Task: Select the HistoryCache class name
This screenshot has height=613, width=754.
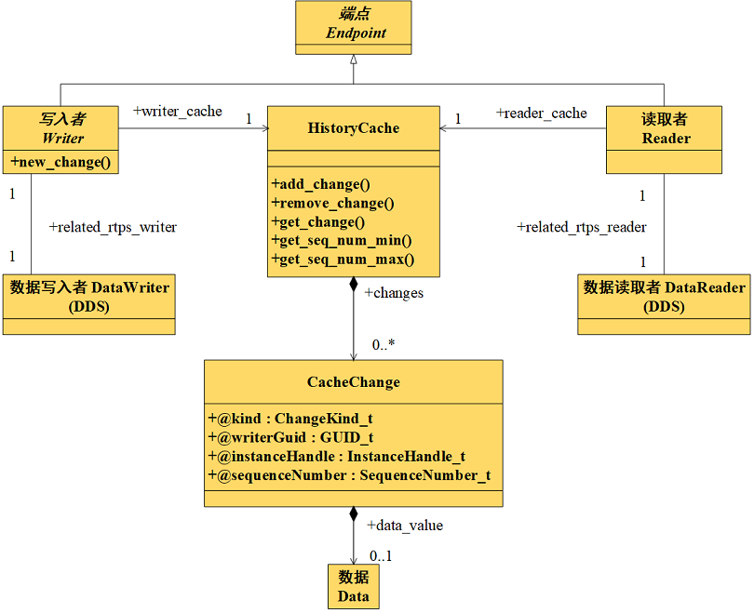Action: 353,128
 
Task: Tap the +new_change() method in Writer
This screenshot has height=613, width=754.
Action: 61,163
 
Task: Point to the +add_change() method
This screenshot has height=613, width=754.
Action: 320,184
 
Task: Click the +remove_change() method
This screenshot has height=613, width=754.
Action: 332,203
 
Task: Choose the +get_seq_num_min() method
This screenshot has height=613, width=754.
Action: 341,241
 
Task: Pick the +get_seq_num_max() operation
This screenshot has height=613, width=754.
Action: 343,260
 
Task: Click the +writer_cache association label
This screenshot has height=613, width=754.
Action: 178,112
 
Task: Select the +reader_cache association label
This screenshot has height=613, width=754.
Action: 541,113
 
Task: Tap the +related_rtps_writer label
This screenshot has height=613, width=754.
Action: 112,227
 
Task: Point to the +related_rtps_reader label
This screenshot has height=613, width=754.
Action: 581,227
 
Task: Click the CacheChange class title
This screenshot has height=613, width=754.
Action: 353,382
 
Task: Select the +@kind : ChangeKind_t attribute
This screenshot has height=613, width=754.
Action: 289,419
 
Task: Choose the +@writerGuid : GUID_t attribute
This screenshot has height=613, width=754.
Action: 290,437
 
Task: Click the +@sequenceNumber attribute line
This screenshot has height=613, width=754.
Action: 348,475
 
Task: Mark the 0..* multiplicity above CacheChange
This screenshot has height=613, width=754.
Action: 384,345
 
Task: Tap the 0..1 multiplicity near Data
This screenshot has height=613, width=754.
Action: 380,556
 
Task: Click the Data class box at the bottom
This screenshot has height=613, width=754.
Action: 354,586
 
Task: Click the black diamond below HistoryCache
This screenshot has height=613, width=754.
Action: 353,285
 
